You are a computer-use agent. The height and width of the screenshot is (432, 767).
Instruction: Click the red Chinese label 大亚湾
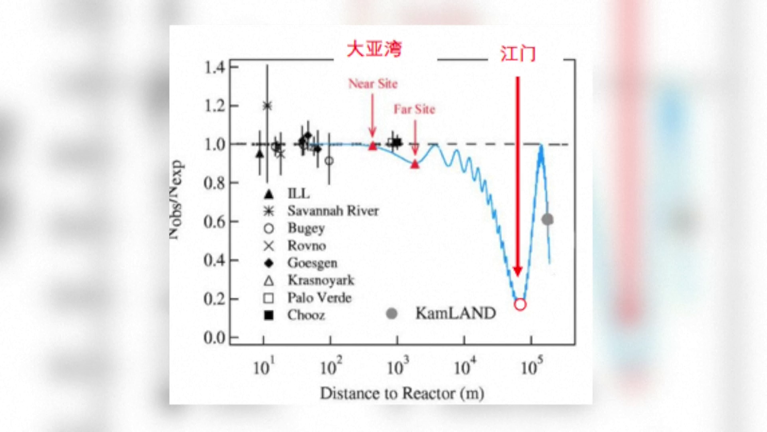click(374, 49)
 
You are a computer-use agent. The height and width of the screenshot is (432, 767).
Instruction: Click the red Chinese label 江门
click(517, 54)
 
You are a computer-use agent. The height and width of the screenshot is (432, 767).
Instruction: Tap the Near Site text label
click(373, 84)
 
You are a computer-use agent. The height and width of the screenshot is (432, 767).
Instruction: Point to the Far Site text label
click(414, 109)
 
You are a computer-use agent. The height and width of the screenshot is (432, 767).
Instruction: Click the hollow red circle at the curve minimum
click(520, 305)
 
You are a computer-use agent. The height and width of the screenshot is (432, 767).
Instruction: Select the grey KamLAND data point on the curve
click(547, 219)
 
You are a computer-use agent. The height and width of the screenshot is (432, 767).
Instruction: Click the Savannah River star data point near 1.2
click(267, 106)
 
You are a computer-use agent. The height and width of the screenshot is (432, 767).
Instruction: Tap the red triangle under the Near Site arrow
click(372, 146)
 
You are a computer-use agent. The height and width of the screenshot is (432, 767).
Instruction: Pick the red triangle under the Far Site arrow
click(415, 164)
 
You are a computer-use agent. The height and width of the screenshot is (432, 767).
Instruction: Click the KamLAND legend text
click(455, 313)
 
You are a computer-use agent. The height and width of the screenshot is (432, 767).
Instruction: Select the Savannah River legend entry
click(333, 211)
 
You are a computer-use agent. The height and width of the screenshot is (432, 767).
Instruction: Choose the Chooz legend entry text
click(306, 315)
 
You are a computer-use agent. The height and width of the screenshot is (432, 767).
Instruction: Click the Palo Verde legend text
click(319, 298)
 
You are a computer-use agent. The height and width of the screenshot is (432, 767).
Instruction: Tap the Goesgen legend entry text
click(312, 263)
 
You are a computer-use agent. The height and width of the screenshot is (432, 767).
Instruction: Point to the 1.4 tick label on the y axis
click(215, 67)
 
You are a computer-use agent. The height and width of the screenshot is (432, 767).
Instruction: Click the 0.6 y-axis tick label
click(215, 221)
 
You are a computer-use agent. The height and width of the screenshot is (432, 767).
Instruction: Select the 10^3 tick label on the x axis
click(398, 366)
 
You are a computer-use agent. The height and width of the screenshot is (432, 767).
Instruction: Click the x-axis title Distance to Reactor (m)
click(402, 393)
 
